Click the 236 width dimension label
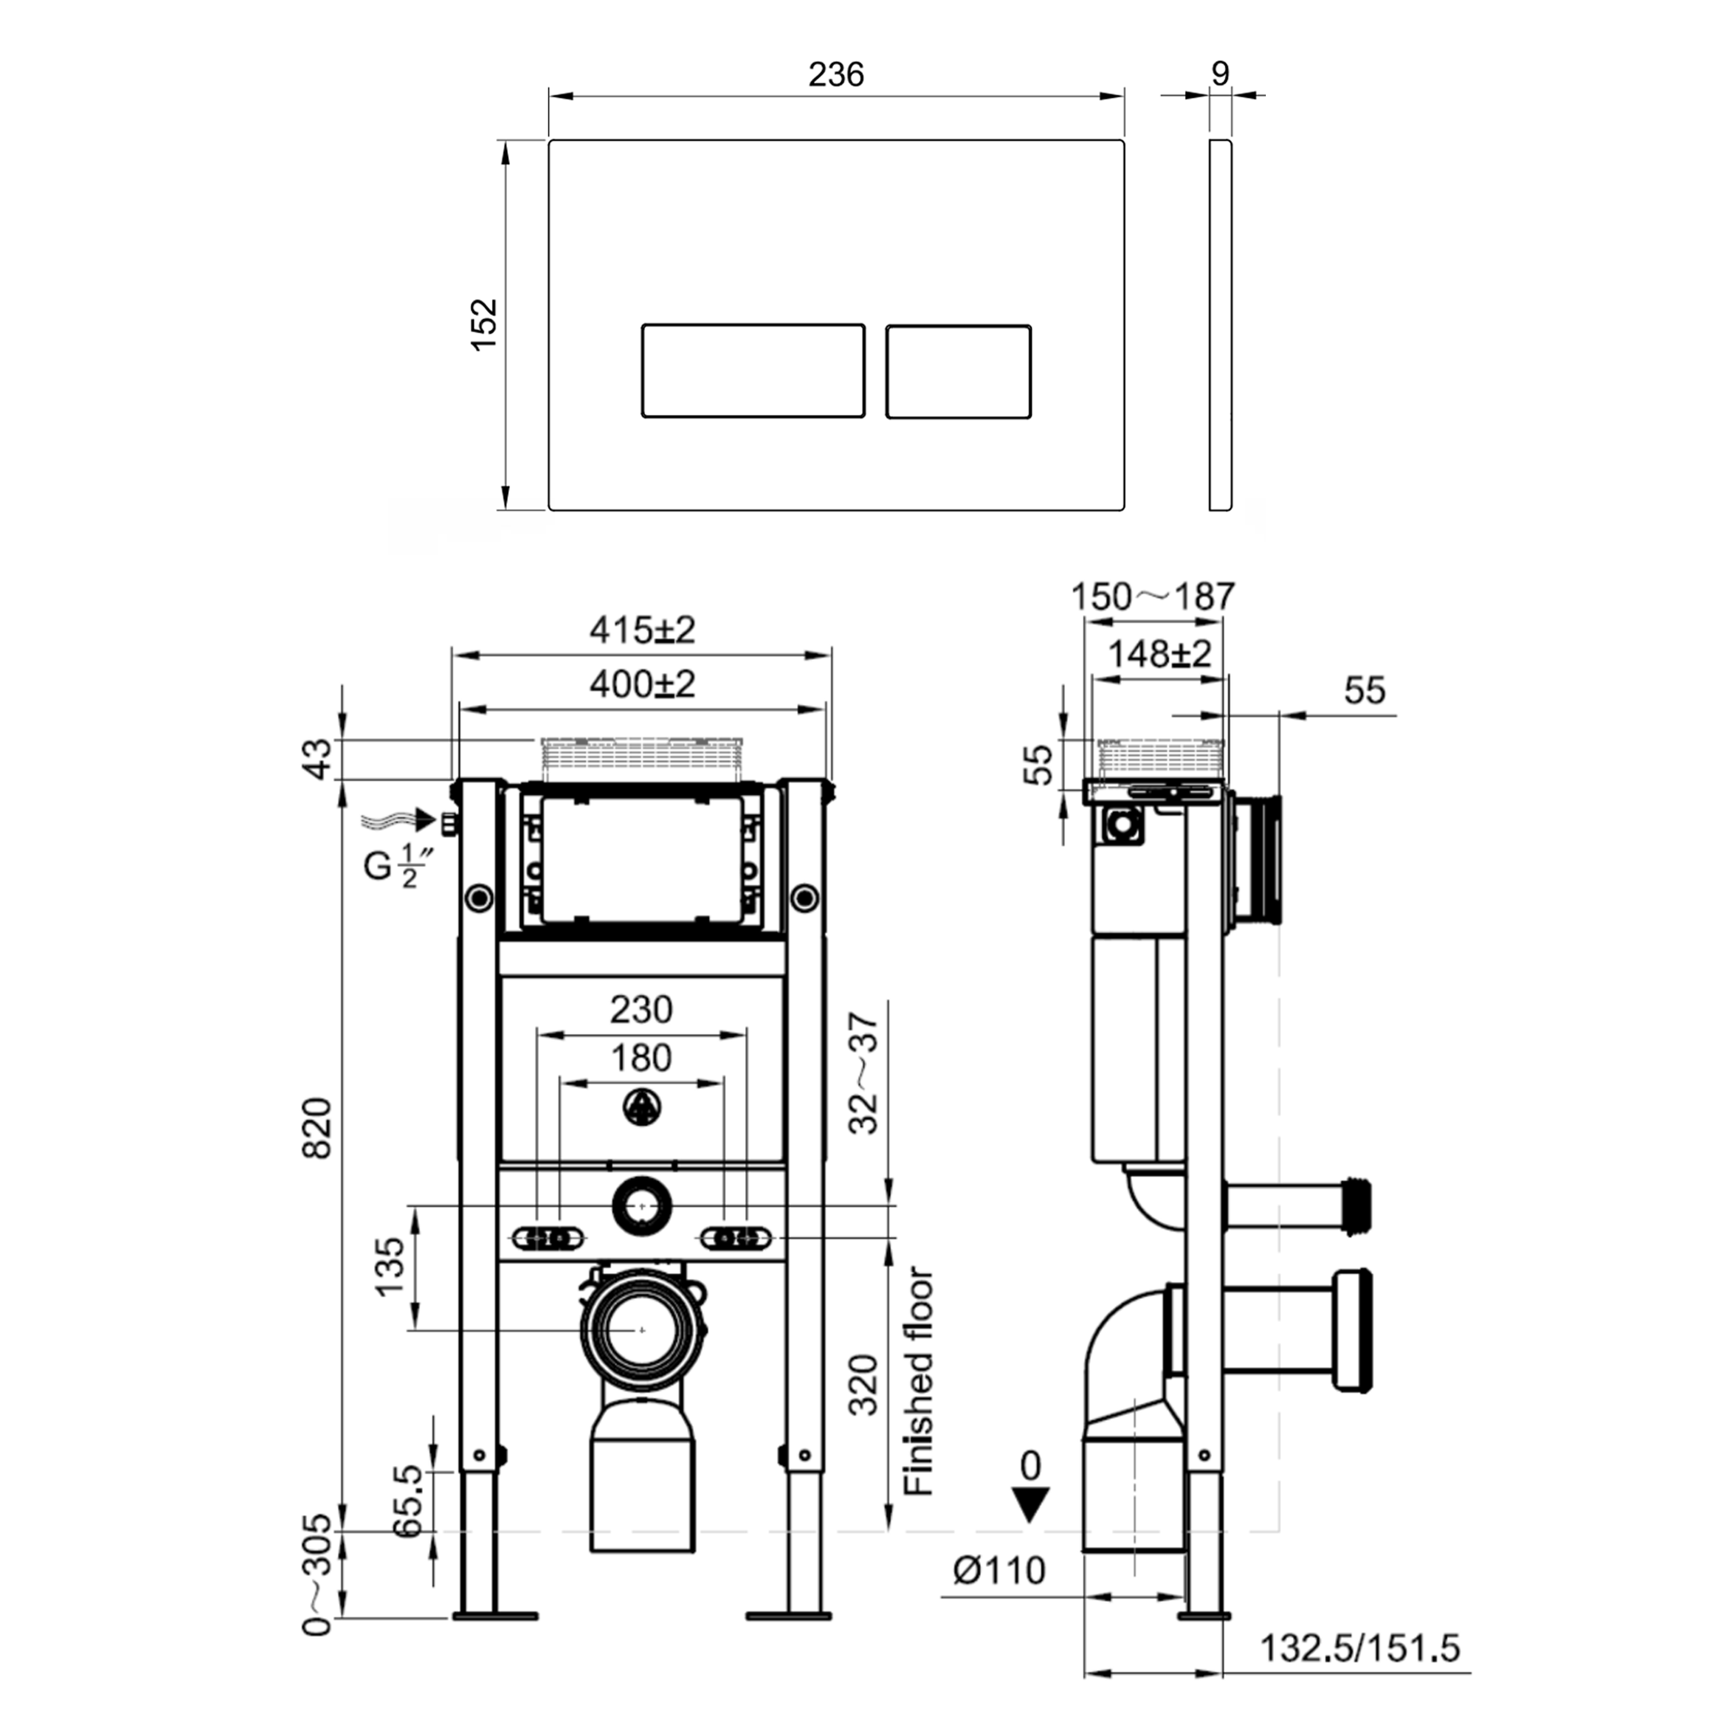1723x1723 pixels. pos(836,74)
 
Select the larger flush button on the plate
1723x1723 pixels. pos(753,370)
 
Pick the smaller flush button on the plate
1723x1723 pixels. pos(958,371)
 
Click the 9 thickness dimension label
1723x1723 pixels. pos(1220,73)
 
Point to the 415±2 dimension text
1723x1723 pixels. pos(641,631)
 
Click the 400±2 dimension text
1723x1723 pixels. pos(641,684)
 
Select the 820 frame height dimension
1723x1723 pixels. pos(318,1128)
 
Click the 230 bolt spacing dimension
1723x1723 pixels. pos(640,1010)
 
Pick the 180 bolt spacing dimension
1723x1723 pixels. pos(640,1058)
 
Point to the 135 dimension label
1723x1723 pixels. pos(390,1266)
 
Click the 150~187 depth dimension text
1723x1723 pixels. pos(1152,597)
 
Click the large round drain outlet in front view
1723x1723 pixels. pos(641,1330)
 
